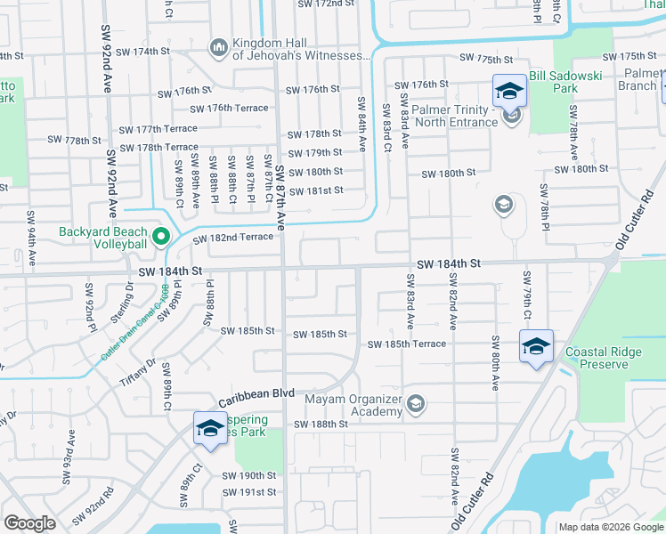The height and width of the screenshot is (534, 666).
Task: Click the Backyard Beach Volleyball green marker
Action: coord(161,237)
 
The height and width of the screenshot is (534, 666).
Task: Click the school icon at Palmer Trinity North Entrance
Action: coord(511,116)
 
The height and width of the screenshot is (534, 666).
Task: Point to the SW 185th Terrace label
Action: coord(407,344)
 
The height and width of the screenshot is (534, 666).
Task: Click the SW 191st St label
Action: coord(249,492)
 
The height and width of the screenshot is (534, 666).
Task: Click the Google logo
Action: coord(29,523)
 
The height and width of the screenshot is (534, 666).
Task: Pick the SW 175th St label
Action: coord(488,58)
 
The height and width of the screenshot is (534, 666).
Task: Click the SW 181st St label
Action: coord(314,190)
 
